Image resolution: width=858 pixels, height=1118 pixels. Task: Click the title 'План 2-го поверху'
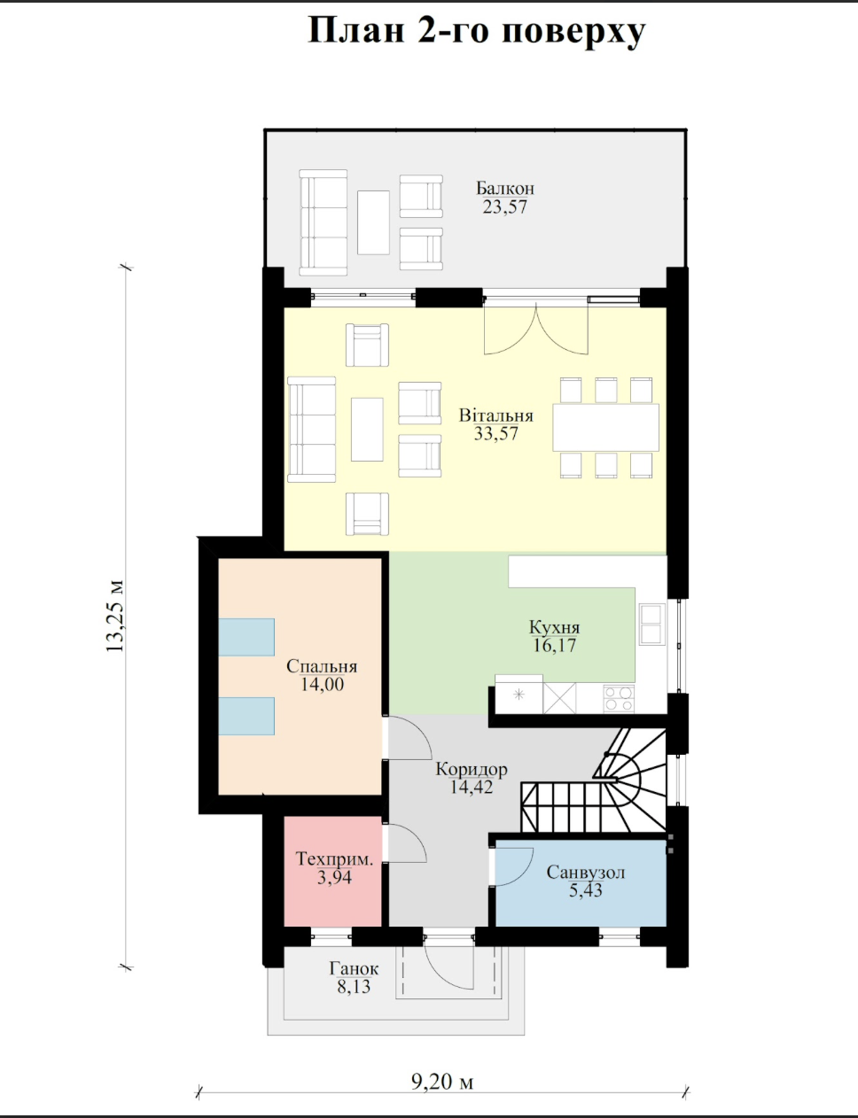click(476, 32)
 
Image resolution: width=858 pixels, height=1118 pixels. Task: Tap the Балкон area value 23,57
click(505, 206)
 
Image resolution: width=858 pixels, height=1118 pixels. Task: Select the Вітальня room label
click(496, 415)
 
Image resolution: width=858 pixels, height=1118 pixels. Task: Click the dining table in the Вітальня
click(605, 428)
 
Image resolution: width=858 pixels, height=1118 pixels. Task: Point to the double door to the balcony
click(535, 330)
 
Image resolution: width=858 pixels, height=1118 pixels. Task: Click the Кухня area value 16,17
click(554, 645)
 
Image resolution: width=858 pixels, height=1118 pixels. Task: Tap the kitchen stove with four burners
click(619, 699)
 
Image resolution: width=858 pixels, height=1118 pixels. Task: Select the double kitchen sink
click(651, 624)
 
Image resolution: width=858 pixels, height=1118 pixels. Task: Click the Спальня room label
click(322, 666)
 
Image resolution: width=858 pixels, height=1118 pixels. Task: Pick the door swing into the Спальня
click(409, 737)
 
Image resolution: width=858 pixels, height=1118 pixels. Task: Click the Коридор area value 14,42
click(472, 787)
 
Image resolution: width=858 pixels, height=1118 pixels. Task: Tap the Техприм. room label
click(334, 858)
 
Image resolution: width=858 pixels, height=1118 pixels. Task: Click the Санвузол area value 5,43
click(586, 890)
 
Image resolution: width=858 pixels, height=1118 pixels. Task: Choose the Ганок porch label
click(355, 969)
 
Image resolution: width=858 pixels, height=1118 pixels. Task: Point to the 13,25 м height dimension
click(114, 617)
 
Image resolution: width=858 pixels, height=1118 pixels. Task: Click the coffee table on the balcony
click(374, 222)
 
